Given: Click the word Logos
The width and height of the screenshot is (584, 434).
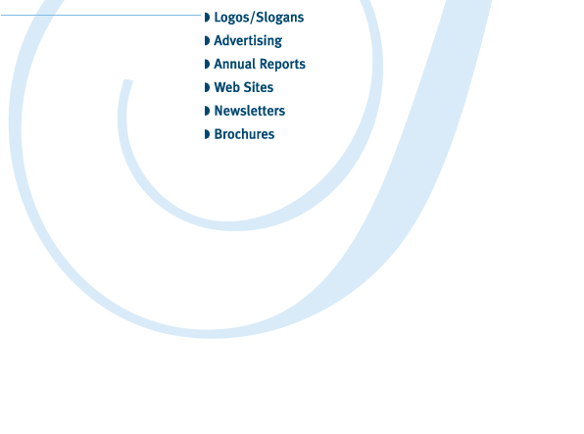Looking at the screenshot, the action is pyautogui.click(x=232, y=18).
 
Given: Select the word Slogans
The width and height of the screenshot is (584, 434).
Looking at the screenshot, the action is pyautogui.click(x=280, y=18).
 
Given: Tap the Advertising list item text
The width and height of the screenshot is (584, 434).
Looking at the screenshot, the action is pyautogui.click(x=248, y=40).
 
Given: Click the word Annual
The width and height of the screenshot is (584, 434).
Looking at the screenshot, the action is pyautogui.click(x=234, y=64).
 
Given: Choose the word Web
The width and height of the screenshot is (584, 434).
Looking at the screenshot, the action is pyautogui.click(x=226, y=87).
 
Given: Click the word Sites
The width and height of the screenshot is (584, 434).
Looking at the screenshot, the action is pyautogui.click(x=259, y=87).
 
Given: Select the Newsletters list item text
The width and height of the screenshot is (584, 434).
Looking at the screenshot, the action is pyautogui.click(x=250, y=111).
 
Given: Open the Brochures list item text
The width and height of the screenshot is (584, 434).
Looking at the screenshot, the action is pyautogui.click(x=244, y=134).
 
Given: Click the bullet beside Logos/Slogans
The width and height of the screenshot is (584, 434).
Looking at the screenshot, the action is pyautogui.click(x=207, y=18).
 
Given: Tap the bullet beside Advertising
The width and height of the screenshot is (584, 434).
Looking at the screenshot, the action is pyautogui.click(x=207, y=40).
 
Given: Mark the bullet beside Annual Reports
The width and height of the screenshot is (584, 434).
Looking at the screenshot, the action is pyautogui.click(x=207, y=64).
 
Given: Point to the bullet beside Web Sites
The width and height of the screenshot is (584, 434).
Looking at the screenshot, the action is pyautogui.click(x=207, y=87).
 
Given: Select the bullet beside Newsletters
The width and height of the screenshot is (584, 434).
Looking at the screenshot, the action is pyautogui.click(x=207, y=111).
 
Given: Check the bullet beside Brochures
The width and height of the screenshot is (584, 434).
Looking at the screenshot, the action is pyautogui.click(x=207, y=134).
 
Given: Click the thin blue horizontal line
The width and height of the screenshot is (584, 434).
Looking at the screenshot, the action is pyautogui.click(x=101, y=15).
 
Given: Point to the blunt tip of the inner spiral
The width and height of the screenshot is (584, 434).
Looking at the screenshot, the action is pyautogui.click(x=128, y=80).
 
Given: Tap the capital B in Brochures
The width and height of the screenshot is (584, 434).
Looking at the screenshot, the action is pyautogui.click(x=219, y=134).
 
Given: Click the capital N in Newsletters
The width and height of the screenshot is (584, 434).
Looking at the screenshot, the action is pyautogui.click(x=219, y=111).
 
